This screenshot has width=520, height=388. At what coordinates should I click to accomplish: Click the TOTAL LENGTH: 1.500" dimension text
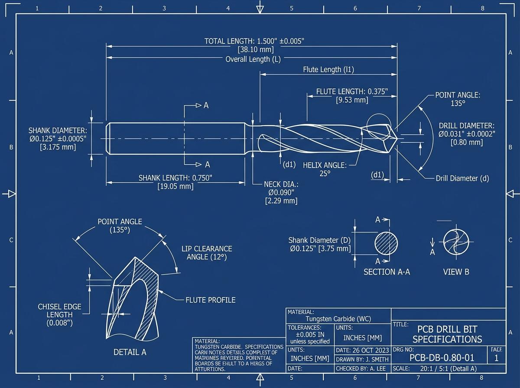[x=254, y=41]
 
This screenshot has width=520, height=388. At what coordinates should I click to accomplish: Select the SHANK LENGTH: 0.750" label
[x=175, y=178]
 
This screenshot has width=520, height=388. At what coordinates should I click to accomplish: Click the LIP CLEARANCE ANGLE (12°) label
[x=206, y=252]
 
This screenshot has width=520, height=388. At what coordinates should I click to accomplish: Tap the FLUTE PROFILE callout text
[x=211, y=300]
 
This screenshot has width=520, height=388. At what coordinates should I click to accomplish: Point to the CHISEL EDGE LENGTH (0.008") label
[x=60, y=315]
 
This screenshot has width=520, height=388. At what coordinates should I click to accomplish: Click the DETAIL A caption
[x=130, y=352]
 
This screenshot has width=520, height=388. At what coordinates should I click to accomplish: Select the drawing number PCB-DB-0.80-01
[x=442, y=358]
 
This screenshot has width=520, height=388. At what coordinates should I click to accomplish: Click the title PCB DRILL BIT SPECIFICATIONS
[x=447, y=334]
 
